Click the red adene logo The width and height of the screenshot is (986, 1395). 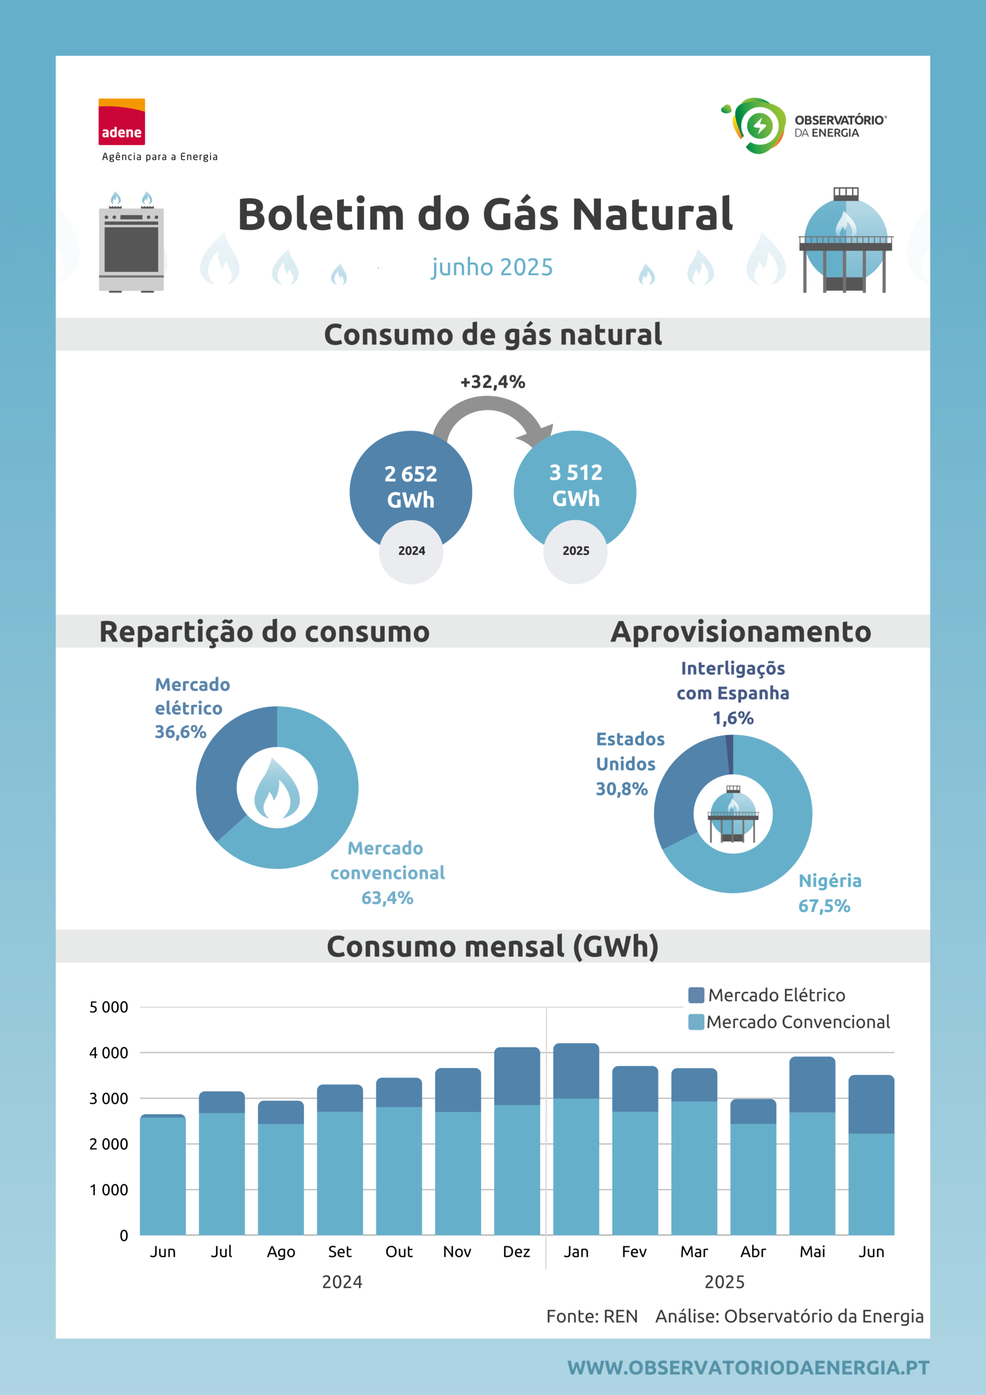point(121,122)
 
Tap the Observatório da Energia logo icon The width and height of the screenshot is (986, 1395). point(753,125)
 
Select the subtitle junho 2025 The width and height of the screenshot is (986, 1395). point(492,268)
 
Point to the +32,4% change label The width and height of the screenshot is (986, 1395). point(492,382)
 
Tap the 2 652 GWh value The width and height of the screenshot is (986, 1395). point(411,487)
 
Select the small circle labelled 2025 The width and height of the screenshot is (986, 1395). point(575,551)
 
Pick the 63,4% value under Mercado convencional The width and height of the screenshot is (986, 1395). point(388,898)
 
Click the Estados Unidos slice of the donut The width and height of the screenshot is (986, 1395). point(684,784)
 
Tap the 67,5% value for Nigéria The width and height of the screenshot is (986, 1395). point(824,906)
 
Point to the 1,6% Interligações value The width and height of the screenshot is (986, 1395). point(733,718)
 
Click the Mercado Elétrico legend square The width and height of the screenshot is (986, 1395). point(696,995)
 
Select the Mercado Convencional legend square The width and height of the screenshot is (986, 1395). point(696,1022)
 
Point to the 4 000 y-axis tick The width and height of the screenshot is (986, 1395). point(109,1053)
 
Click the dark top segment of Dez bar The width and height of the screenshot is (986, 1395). point(517,1076)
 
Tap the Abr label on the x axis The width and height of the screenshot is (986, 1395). point(753,1252)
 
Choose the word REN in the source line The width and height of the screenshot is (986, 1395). point(621,1317)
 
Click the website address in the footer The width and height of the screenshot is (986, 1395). point(748,1368)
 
